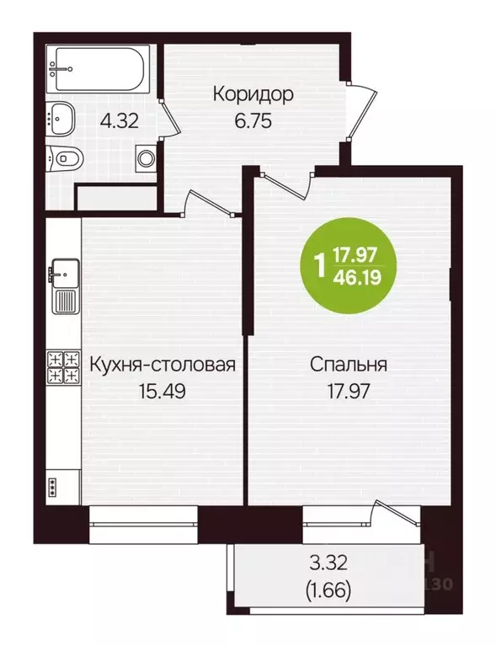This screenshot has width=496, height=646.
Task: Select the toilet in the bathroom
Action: point(65,156)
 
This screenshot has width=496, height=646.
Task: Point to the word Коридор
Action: point(253,93)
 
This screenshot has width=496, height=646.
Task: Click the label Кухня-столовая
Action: point(161,366)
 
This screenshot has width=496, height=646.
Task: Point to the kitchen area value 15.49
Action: point(161,391)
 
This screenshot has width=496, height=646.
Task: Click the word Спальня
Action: point(348,366)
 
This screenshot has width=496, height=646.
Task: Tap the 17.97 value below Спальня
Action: point(348,391)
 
